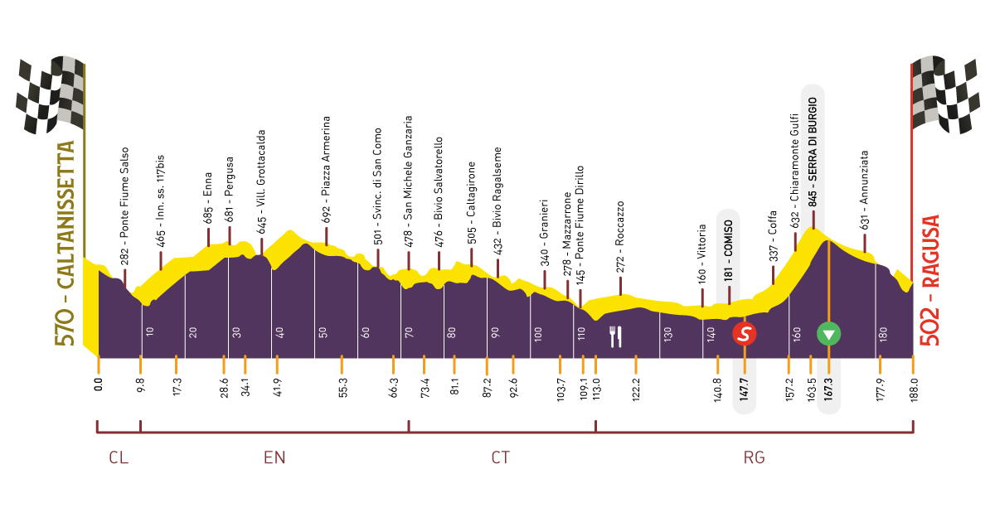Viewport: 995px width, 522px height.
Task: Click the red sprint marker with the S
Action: point(745,334)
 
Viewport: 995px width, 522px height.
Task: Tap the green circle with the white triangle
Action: point(828,334)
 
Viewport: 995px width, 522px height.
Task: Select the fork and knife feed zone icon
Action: point(615,336)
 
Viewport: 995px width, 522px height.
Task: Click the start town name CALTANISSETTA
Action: point(67,244)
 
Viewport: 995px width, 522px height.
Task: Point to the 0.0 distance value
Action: point(98,384)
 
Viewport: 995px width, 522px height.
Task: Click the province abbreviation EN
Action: point(274,457)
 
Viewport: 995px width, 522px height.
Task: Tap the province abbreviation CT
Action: point(500,457)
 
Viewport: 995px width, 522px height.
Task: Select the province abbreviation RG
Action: point(754,457)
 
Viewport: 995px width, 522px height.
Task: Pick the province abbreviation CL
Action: point(119,457)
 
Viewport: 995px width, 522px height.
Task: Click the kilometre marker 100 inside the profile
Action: point(538,335)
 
